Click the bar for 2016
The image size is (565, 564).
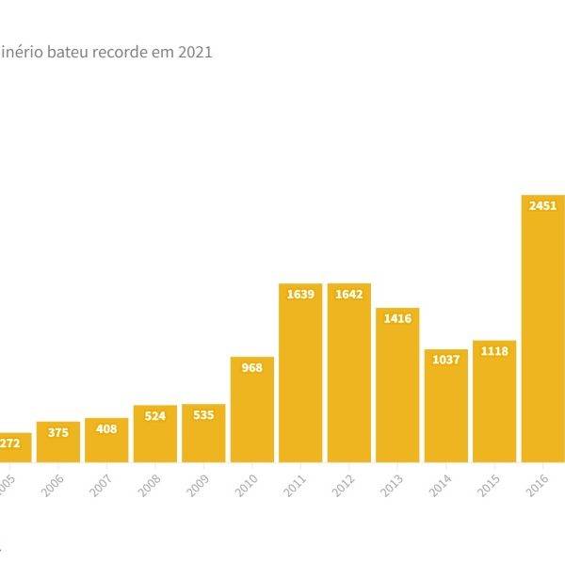(x=543, y=330)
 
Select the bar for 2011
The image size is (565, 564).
(x=300, y=377)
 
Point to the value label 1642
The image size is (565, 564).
(x=349, y=294)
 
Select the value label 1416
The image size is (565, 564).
(x=397, y=318)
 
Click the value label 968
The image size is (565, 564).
(x=251, y=367)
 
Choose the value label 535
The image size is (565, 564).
(x=203, y=414)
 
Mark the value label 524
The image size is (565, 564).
(x=154, y=415)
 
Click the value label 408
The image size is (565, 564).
(x=106, y=428)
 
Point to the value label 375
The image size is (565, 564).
(x=57, y=431)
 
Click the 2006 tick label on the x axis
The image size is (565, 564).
(x=55, y=485)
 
